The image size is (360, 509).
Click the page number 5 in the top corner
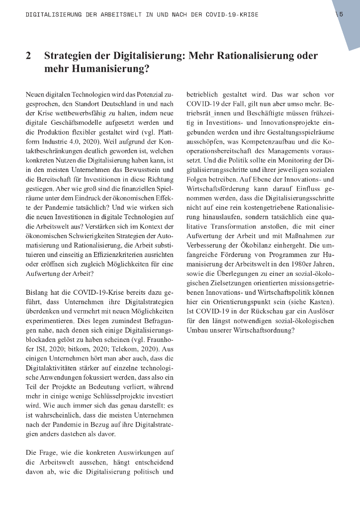pyautogui.click(x=341, y=14)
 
